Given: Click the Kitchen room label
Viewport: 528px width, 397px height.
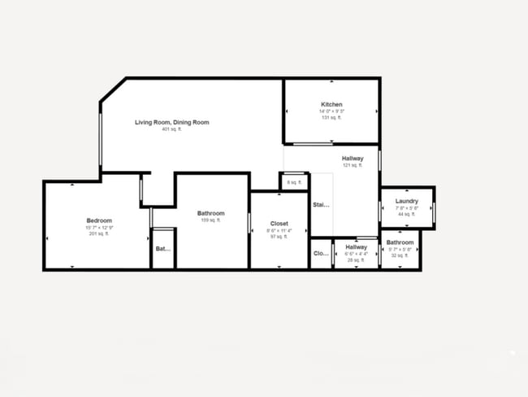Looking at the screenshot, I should point(331,105).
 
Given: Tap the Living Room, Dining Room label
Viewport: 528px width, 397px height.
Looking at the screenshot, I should point(172,122).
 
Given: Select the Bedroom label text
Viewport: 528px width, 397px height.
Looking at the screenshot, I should point(99,220).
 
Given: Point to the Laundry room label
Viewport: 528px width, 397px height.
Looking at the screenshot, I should point(406,201).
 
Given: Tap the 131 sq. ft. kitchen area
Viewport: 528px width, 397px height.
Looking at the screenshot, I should point(331,118).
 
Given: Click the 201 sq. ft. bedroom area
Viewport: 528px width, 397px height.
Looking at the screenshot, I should point(99,233).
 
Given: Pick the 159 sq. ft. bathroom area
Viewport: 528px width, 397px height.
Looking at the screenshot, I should point(209,220).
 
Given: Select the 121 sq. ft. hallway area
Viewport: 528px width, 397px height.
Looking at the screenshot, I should point(352,165).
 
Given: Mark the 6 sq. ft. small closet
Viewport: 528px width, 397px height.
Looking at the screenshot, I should point(294,182).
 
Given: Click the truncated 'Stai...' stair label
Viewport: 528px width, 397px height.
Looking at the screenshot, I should point(322,205).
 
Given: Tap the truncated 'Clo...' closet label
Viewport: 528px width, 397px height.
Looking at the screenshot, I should point(321,253).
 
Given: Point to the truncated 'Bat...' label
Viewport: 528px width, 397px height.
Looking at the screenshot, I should point(162,249).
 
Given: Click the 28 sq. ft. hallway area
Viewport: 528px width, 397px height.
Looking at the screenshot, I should point(356,260).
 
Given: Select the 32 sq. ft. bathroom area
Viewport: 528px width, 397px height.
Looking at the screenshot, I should point(399,255).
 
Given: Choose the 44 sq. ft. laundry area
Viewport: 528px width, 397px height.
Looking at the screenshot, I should point(406,214).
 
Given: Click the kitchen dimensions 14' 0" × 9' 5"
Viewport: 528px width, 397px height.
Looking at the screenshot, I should point(331,111).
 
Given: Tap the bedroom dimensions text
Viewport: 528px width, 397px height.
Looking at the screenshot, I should point(99,227).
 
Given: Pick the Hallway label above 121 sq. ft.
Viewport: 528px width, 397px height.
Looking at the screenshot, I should point(353,158).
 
